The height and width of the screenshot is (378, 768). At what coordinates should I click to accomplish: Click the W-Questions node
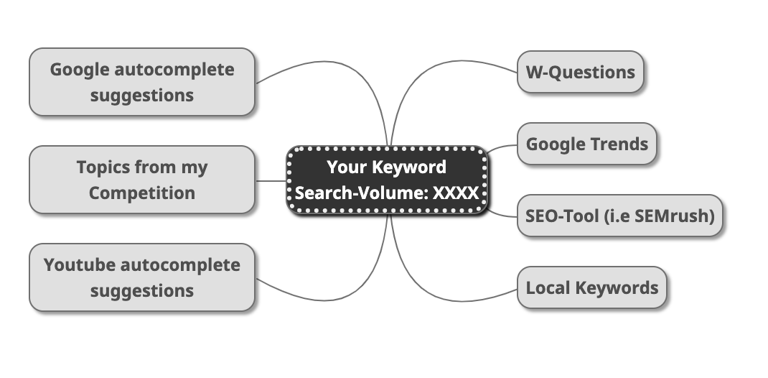coord(580,72)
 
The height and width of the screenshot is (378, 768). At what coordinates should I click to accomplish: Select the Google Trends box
coord(586,144)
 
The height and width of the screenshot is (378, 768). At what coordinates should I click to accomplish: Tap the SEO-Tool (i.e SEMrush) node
coord(620,216)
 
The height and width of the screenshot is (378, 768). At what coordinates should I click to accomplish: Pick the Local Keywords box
coord(591,288)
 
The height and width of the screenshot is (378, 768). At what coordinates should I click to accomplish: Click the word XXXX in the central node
coord(455,193)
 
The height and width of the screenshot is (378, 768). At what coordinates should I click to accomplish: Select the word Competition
coord(142,193)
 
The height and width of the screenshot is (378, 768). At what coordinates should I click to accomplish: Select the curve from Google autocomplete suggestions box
coord(323,66)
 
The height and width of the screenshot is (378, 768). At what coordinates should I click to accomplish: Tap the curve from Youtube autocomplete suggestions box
coord(323,295)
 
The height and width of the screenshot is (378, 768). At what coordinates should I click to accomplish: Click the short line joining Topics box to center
coord(271,180)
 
